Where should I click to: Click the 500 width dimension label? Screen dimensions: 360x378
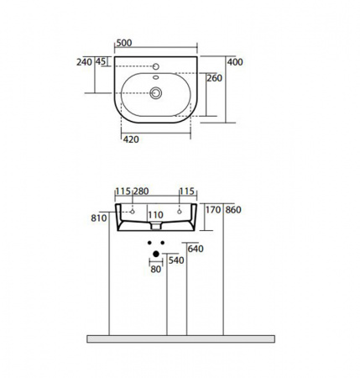[124, 43]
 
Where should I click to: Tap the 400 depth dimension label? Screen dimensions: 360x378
[235, 62]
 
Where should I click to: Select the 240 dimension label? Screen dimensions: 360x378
[84, 62]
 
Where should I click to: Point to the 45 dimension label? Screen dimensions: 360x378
[101, 61]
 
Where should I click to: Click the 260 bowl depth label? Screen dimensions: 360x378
[214, 78]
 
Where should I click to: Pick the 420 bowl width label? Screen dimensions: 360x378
[131, 139]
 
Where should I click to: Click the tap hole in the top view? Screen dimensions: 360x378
[156, 66]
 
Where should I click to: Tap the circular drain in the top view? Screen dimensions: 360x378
[156, 92]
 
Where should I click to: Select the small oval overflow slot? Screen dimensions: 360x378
[156, 77]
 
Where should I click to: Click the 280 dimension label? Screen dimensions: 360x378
[140, 192]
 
